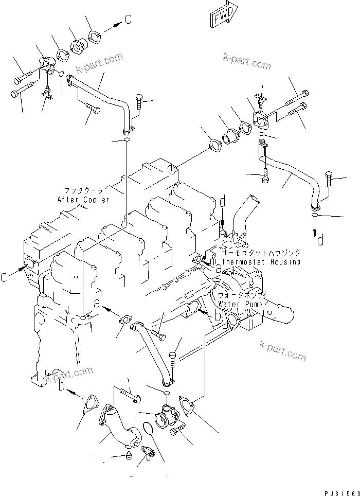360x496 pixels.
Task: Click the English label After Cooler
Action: point(83,199)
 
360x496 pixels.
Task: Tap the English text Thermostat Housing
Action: point(261,262)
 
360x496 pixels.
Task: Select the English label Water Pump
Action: point(240,304)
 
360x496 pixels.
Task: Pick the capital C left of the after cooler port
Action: point(4,278)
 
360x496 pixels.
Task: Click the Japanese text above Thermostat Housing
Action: point(261,253)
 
